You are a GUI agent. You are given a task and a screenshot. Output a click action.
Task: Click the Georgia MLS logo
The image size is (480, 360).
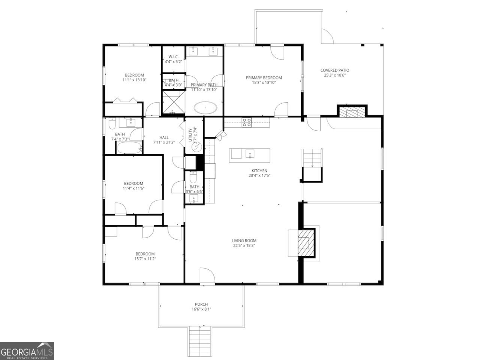(x=27, y=351)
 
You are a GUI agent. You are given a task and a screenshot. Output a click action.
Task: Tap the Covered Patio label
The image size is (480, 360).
(x=334, y=70)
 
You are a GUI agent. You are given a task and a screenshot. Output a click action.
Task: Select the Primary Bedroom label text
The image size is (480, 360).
(x=264, y=78)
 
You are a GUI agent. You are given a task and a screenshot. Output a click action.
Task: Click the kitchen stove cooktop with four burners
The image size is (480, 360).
(x=247, y=122)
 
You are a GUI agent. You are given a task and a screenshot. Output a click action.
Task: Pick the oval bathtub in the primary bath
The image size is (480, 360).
(x=205, y=108)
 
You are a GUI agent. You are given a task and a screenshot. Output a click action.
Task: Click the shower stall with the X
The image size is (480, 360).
(x=173, y=102)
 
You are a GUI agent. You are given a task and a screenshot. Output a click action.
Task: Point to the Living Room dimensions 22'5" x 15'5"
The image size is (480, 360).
(x=244, y=246)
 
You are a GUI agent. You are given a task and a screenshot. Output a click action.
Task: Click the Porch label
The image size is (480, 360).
(x=201, y=304)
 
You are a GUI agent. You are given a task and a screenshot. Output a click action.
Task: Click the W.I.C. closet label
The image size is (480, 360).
(x=173, y=57)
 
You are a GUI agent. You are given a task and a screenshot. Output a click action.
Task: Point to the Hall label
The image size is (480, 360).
(x=164, y=137)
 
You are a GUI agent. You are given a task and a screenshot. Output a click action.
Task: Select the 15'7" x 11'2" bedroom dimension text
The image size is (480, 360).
(x=145, y=259)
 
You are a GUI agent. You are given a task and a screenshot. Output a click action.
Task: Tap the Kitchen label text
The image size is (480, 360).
(x=259, y=170)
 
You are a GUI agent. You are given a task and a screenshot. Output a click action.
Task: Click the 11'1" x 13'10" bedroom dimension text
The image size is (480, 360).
(x=134, y=80)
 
